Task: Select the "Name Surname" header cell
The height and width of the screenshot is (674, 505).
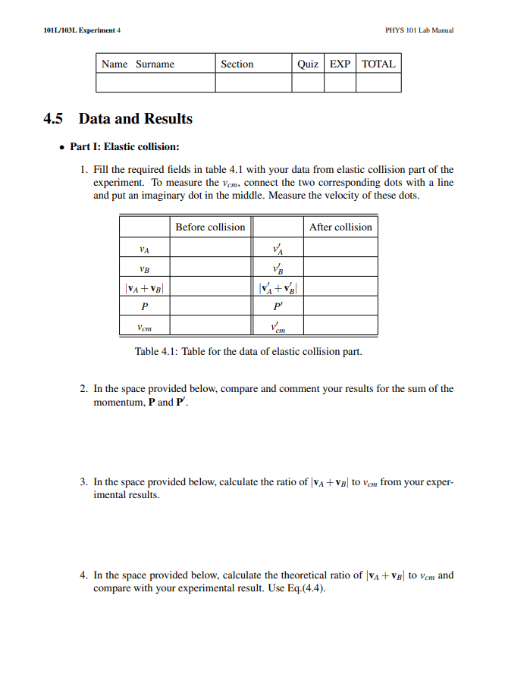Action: [138, 64]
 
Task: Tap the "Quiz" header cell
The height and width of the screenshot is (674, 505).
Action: [308, 64]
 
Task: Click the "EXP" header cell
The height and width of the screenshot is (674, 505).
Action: [340, 64]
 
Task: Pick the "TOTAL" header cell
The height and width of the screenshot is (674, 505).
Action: [378, 64]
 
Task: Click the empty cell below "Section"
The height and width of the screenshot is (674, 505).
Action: [253, 83]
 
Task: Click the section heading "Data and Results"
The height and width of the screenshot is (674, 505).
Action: [136, 119]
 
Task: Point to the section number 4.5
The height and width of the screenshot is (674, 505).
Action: [55, 119]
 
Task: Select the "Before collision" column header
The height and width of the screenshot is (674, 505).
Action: [210, 227]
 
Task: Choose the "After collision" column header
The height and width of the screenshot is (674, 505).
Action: [341, 227]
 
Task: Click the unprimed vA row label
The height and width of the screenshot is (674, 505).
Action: [144, 248]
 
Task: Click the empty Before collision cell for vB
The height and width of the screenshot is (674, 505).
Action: [210, 267]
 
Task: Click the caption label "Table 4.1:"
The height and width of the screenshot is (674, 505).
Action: [157, 351]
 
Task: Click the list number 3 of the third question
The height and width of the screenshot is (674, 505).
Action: [83, 481]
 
